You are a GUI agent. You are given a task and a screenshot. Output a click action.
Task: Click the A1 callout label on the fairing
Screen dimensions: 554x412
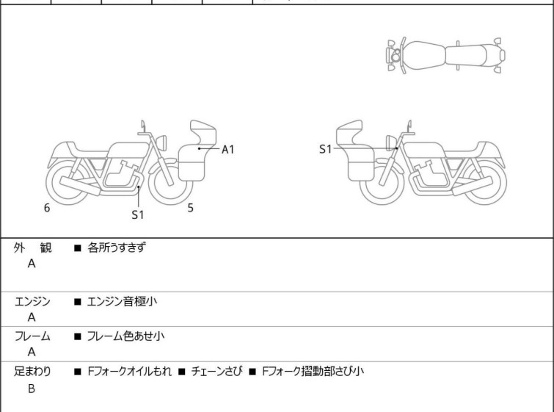(228, 150)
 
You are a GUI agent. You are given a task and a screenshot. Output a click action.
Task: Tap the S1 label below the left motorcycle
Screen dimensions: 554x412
(138, 214)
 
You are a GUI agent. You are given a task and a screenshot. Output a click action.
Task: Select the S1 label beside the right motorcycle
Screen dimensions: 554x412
(325, 149)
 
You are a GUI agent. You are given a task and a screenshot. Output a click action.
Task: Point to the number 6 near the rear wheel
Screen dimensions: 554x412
(47, 208)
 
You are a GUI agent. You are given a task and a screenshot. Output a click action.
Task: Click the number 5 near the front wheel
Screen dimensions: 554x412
(191, 208)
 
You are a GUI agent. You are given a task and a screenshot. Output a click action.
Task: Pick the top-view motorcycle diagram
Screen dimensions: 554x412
(445, 56)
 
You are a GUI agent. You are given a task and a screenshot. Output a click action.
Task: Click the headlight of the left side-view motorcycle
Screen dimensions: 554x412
(161, 142)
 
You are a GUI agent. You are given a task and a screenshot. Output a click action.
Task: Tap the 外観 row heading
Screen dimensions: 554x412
(32, 247)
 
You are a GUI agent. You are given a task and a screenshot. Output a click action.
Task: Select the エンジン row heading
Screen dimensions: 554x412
(32, 302)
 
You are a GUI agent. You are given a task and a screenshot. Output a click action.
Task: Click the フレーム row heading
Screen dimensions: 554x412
(32, 336)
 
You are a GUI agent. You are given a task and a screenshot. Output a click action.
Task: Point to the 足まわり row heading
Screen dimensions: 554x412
(32, 372)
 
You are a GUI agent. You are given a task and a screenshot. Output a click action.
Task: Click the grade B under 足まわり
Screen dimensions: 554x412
(32, 388)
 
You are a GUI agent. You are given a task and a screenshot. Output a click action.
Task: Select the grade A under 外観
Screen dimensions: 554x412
(32, 264)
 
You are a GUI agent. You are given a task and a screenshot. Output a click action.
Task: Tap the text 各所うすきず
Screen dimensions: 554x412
(117, 247)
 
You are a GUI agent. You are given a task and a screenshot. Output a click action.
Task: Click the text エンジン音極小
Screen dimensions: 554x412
(122, 302)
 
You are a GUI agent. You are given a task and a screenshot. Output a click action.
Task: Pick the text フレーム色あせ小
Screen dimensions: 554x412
(125, 336)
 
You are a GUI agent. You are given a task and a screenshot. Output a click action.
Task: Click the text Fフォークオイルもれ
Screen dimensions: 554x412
(130, 372)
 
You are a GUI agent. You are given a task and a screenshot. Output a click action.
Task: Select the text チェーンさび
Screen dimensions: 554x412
(217, 372)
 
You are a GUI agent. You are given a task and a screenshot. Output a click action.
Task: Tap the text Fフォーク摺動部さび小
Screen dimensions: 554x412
(313, 372)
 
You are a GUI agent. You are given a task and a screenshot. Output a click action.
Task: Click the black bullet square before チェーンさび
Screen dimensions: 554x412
(182, 372)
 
